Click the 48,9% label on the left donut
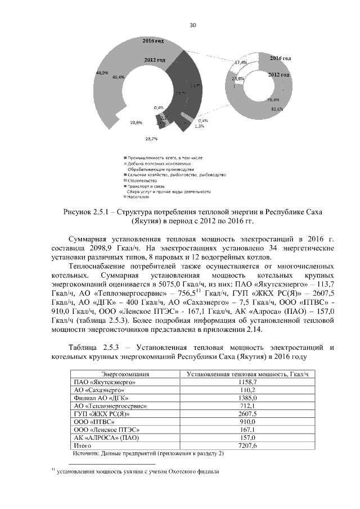click(102, 73)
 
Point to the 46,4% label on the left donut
click(119, 77)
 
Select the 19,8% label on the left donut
click(136, 121)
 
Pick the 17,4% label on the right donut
click(241, 62)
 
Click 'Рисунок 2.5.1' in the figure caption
click(91, 211)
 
